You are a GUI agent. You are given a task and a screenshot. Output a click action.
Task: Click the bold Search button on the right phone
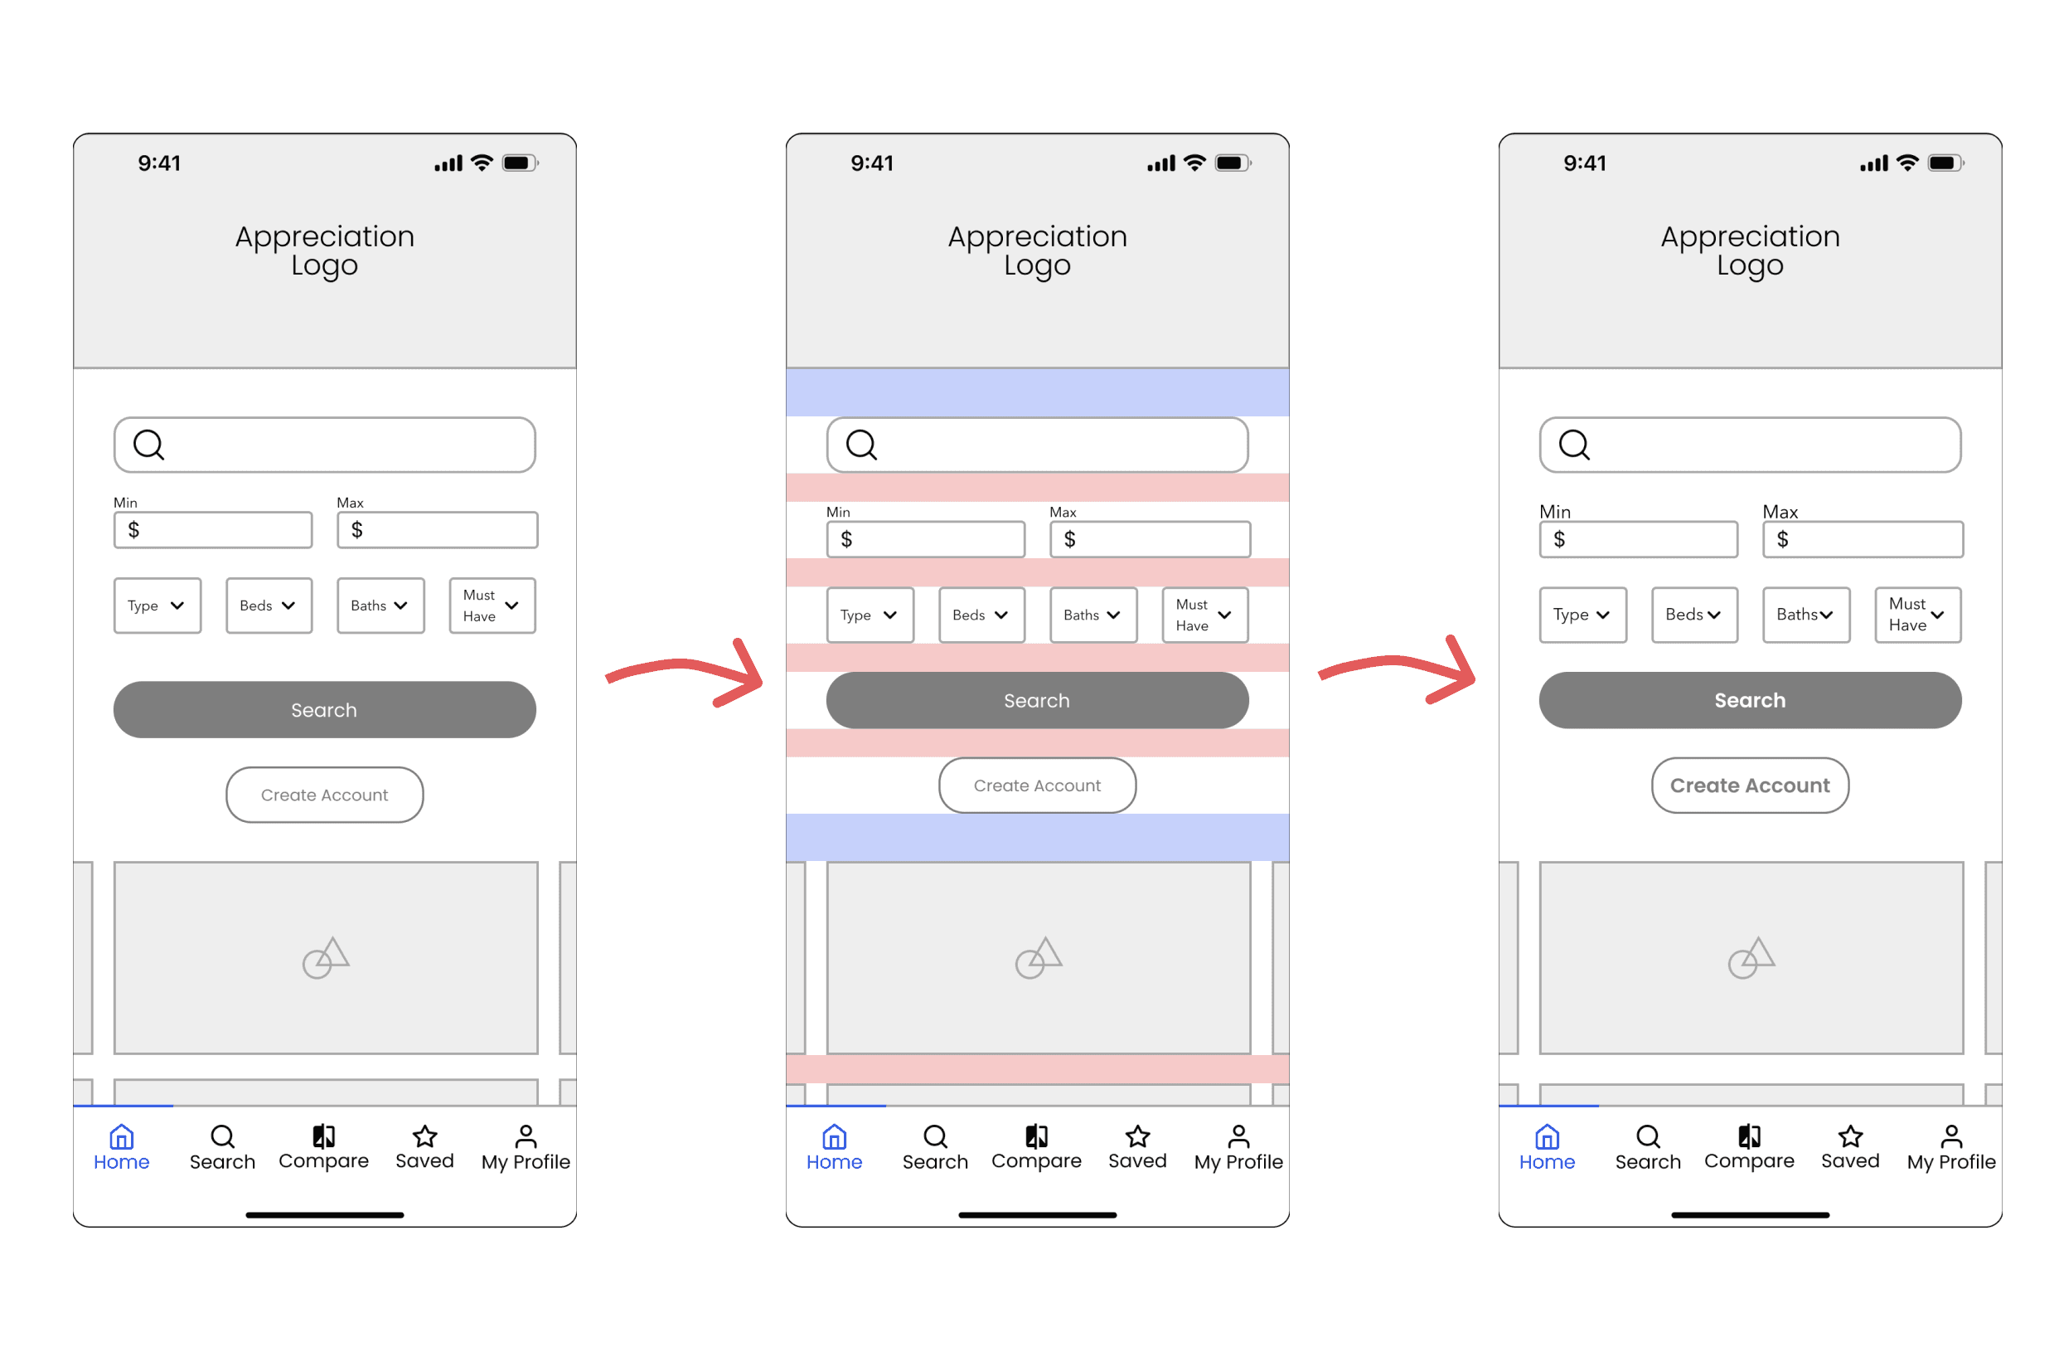tap(1749, 700)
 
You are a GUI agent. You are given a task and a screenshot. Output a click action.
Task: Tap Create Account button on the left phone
tap(324, 795)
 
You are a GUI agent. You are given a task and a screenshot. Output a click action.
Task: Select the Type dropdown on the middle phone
tap(870, 615)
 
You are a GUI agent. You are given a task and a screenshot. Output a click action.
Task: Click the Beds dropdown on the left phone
tap(269, 605)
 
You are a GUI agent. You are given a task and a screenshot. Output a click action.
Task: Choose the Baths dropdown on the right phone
tap(1805, 615)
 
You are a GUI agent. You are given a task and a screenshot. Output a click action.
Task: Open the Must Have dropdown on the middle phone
tap(1205, 615)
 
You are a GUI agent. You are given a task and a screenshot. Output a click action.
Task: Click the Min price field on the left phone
tap(213, 530)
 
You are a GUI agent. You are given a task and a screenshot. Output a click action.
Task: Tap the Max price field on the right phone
tap(1863, 539)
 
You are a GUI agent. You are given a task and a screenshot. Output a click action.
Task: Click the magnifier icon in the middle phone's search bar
tap(862, 445)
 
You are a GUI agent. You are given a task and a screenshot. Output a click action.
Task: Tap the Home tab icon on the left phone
tap(121, 1136)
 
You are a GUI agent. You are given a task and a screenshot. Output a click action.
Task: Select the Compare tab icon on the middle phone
tap(1036, 1136)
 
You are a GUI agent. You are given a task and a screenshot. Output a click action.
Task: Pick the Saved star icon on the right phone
tap(1850, 1136)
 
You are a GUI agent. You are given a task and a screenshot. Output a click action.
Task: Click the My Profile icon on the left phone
tap(526, 1136)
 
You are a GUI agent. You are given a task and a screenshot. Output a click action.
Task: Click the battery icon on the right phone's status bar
tap(1945, 163)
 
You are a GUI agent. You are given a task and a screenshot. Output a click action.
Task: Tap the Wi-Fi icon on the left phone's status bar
tap(482, 162)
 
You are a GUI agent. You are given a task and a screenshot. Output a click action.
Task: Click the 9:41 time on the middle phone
tap(872, 163)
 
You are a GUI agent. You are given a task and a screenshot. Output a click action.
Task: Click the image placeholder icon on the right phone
tap(1751, 957)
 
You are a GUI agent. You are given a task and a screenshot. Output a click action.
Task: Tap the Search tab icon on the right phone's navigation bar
tap(1648, 1136)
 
